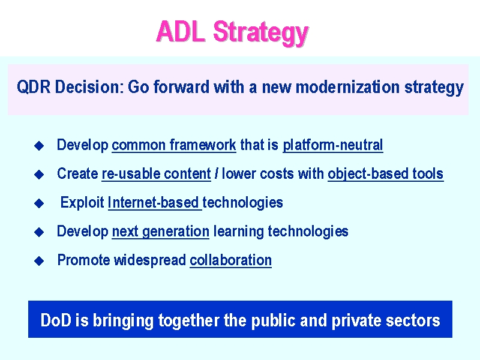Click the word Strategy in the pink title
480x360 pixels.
coord(260,33)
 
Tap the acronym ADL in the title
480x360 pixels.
coord(181,31)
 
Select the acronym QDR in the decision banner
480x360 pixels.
coord(34,87)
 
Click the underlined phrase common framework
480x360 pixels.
coord(174,145)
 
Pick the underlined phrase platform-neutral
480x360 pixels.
coord(333,145)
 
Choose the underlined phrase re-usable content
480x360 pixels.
coord(156,173)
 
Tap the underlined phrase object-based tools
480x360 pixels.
coord(386,174)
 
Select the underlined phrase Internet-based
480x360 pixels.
coord(154,202)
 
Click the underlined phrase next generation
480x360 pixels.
coord(161,232)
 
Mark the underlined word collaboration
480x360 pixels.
coord(231,260)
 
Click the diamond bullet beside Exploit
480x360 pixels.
coord(39,203)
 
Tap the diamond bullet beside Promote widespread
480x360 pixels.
coord(39,261)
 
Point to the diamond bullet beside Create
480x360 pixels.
coord(39,174)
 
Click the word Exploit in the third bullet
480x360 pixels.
coord(82,202)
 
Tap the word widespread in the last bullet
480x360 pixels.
coord(149,260)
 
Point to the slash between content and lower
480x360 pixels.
coord(217,173)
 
